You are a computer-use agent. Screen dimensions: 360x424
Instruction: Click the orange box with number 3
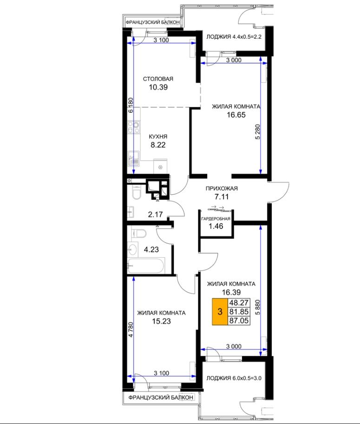click(x=220, y=312)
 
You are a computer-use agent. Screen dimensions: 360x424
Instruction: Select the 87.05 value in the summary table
click(x=239, y=321)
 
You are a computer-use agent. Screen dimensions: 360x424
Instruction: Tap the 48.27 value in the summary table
click(x=239, y=303)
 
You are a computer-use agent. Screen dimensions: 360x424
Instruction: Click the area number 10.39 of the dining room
click(x=158, y=87)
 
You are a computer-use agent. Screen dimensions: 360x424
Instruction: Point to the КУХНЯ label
click(x=158, y=137)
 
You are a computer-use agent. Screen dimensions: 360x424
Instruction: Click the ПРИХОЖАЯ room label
click(x=222, y=189)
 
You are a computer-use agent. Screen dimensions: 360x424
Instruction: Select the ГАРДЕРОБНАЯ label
click(x=216, y=219)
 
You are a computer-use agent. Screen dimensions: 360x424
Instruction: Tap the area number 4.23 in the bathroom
click(x=151, y=249)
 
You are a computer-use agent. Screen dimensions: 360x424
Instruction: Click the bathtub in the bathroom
click(x=146, y=266)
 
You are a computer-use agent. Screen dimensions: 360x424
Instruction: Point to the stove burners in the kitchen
click(x=134, y=127)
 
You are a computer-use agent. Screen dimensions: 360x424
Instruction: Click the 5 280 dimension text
click(x=258, y=132)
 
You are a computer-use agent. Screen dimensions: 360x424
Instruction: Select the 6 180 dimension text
click(x=131, y=105)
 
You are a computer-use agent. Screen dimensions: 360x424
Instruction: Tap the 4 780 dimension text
click(x=131, y=330)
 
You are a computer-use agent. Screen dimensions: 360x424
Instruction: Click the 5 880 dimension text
click(x=258, y=307)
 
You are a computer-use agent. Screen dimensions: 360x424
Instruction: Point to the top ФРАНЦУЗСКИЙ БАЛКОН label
click(x=152, y=22)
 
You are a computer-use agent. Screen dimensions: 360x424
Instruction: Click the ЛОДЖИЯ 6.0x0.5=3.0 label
click(x=234, y=378)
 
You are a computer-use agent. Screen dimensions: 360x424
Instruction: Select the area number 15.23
click(x=162, y=321)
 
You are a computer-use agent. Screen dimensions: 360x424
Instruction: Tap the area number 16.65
click(x=236, y=115)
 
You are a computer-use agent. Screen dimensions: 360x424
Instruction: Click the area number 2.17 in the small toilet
click(x=155, y=215)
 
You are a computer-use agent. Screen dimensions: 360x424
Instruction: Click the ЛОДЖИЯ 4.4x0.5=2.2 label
click(x=234, y=37)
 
